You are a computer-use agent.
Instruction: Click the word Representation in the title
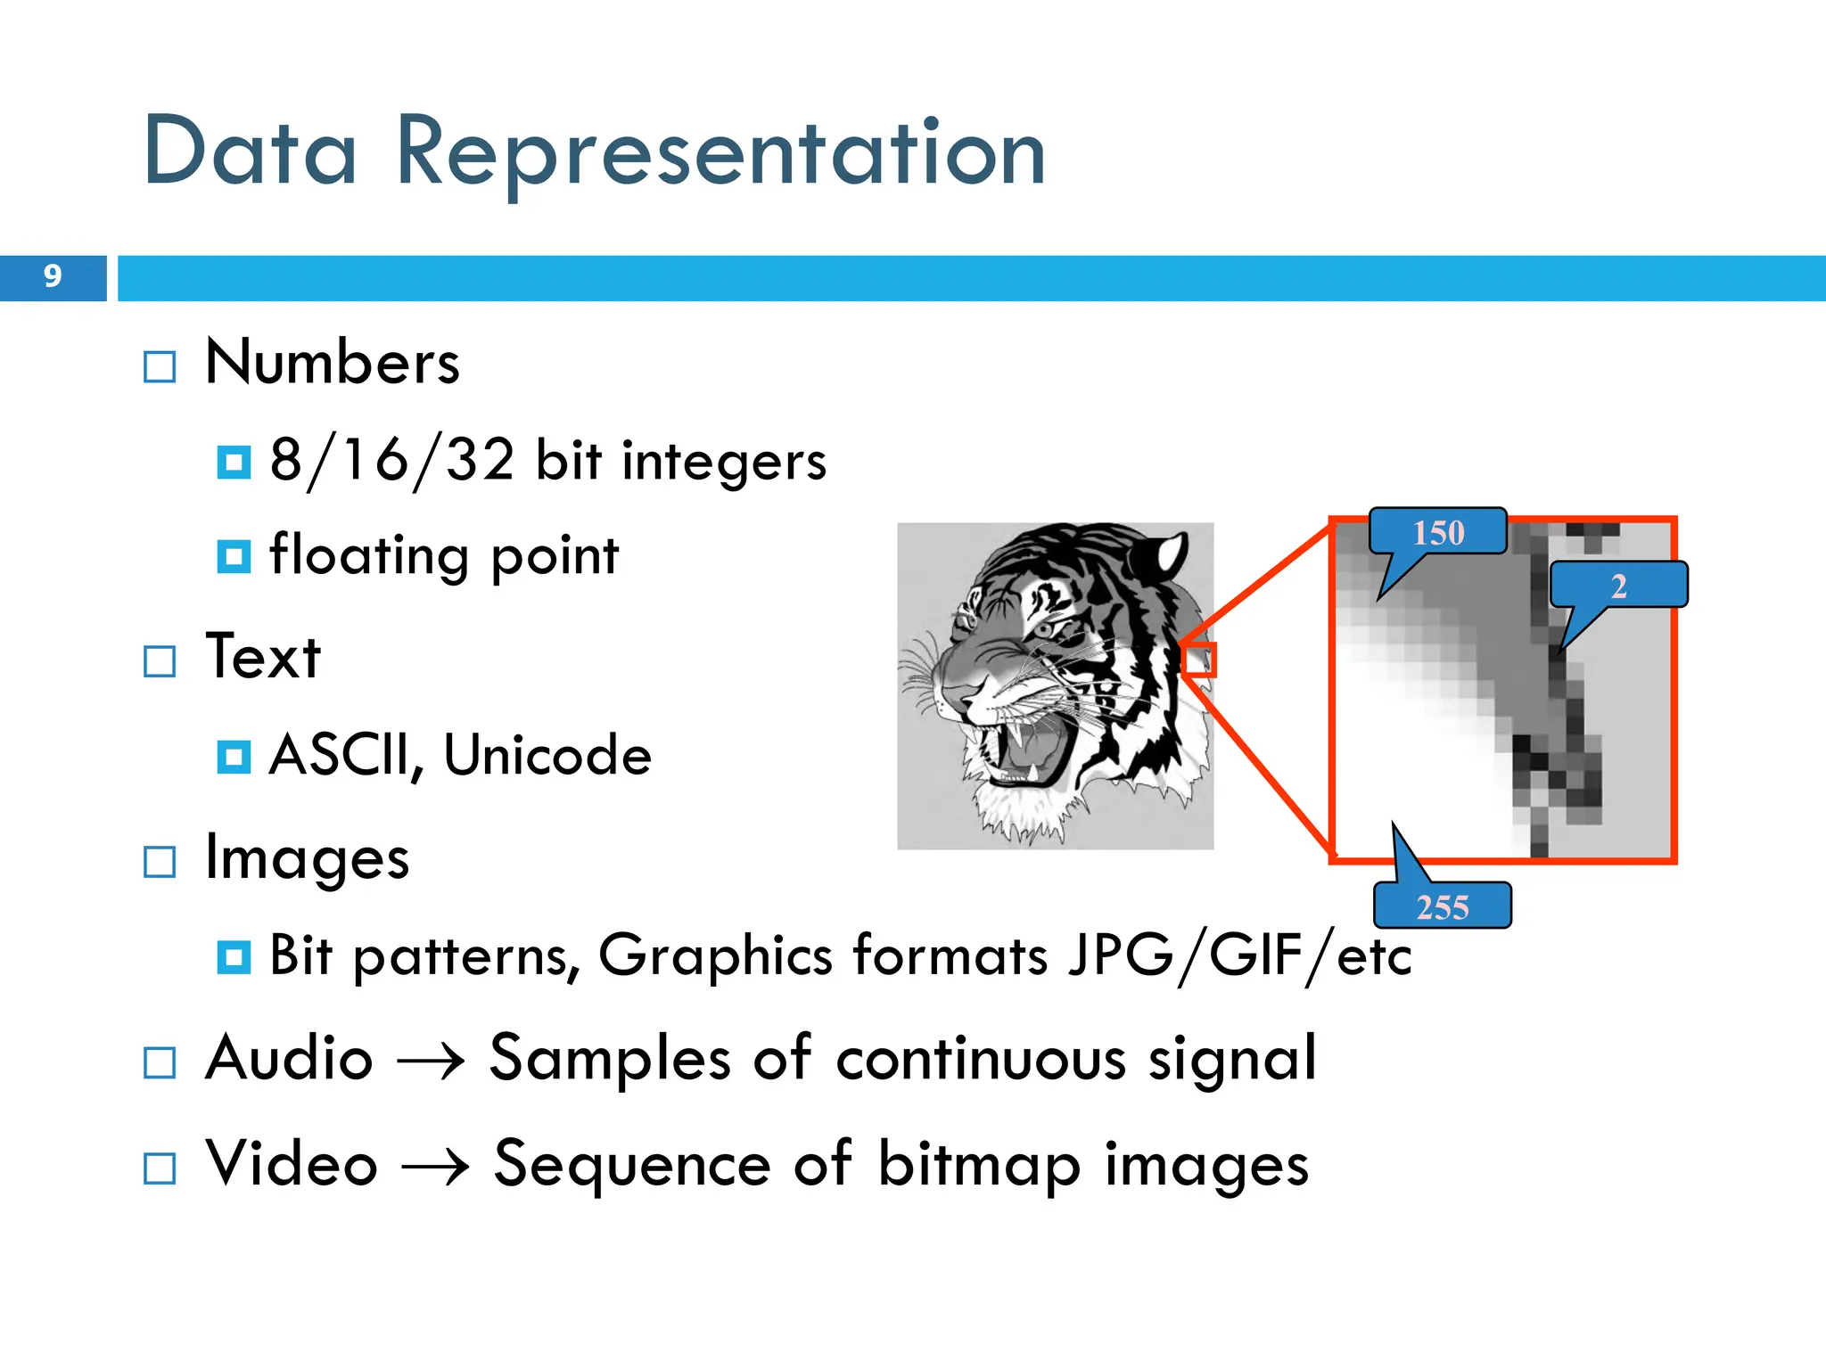720,153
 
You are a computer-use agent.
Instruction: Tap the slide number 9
53,276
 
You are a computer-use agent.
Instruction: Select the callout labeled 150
1437,533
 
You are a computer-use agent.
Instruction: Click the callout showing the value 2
1618,586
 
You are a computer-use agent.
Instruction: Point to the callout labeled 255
1442,906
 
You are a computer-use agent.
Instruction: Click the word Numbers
332,363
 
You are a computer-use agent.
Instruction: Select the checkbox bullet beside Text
160,661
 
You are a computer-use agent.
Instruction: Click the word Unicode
547,756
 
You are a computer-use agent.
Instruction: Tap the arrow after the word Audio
431,1061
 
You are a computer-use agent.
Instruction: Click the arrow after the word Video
435,1166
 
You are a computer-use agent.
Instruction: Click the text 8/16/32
392,461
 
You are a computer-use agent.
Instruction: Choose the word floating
367,555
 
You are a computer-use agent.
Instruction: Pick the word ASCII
340,756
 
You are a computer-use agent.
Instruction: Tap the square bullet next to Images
160,862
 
